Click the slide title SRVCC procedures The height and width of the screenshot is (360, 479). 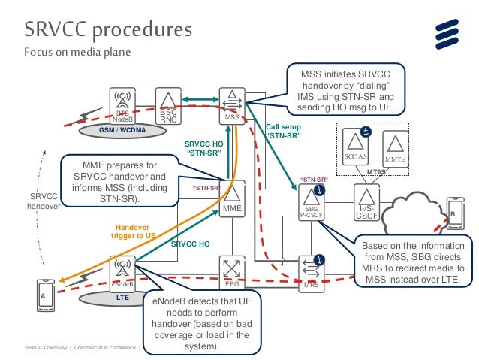click(108, 29)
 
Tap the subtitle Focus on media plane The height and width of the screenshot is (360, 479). click(77, 53)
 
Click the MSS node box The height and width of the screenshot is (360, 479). click(232, 106)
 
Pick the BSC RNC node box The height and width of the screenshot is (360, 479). click(167, 106)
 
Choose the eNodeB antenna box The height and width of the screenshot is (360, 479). click(123, 273)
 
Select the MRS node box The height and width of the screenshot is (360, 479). click(311, 273)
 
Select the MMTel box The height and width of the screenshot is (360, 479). click(395, 147)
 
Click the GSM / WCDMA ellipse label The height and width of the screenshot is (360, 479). click(121, 130)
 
